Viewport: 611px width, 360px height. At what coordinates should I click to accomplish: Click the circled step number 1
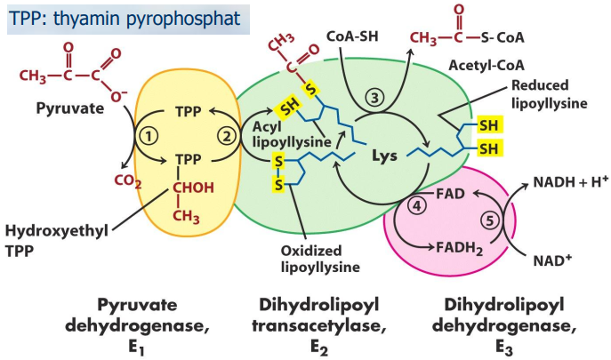coord(149,136)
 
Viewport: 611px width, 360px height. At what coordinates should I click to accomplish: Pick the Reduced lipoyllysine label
coord(549,95)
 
